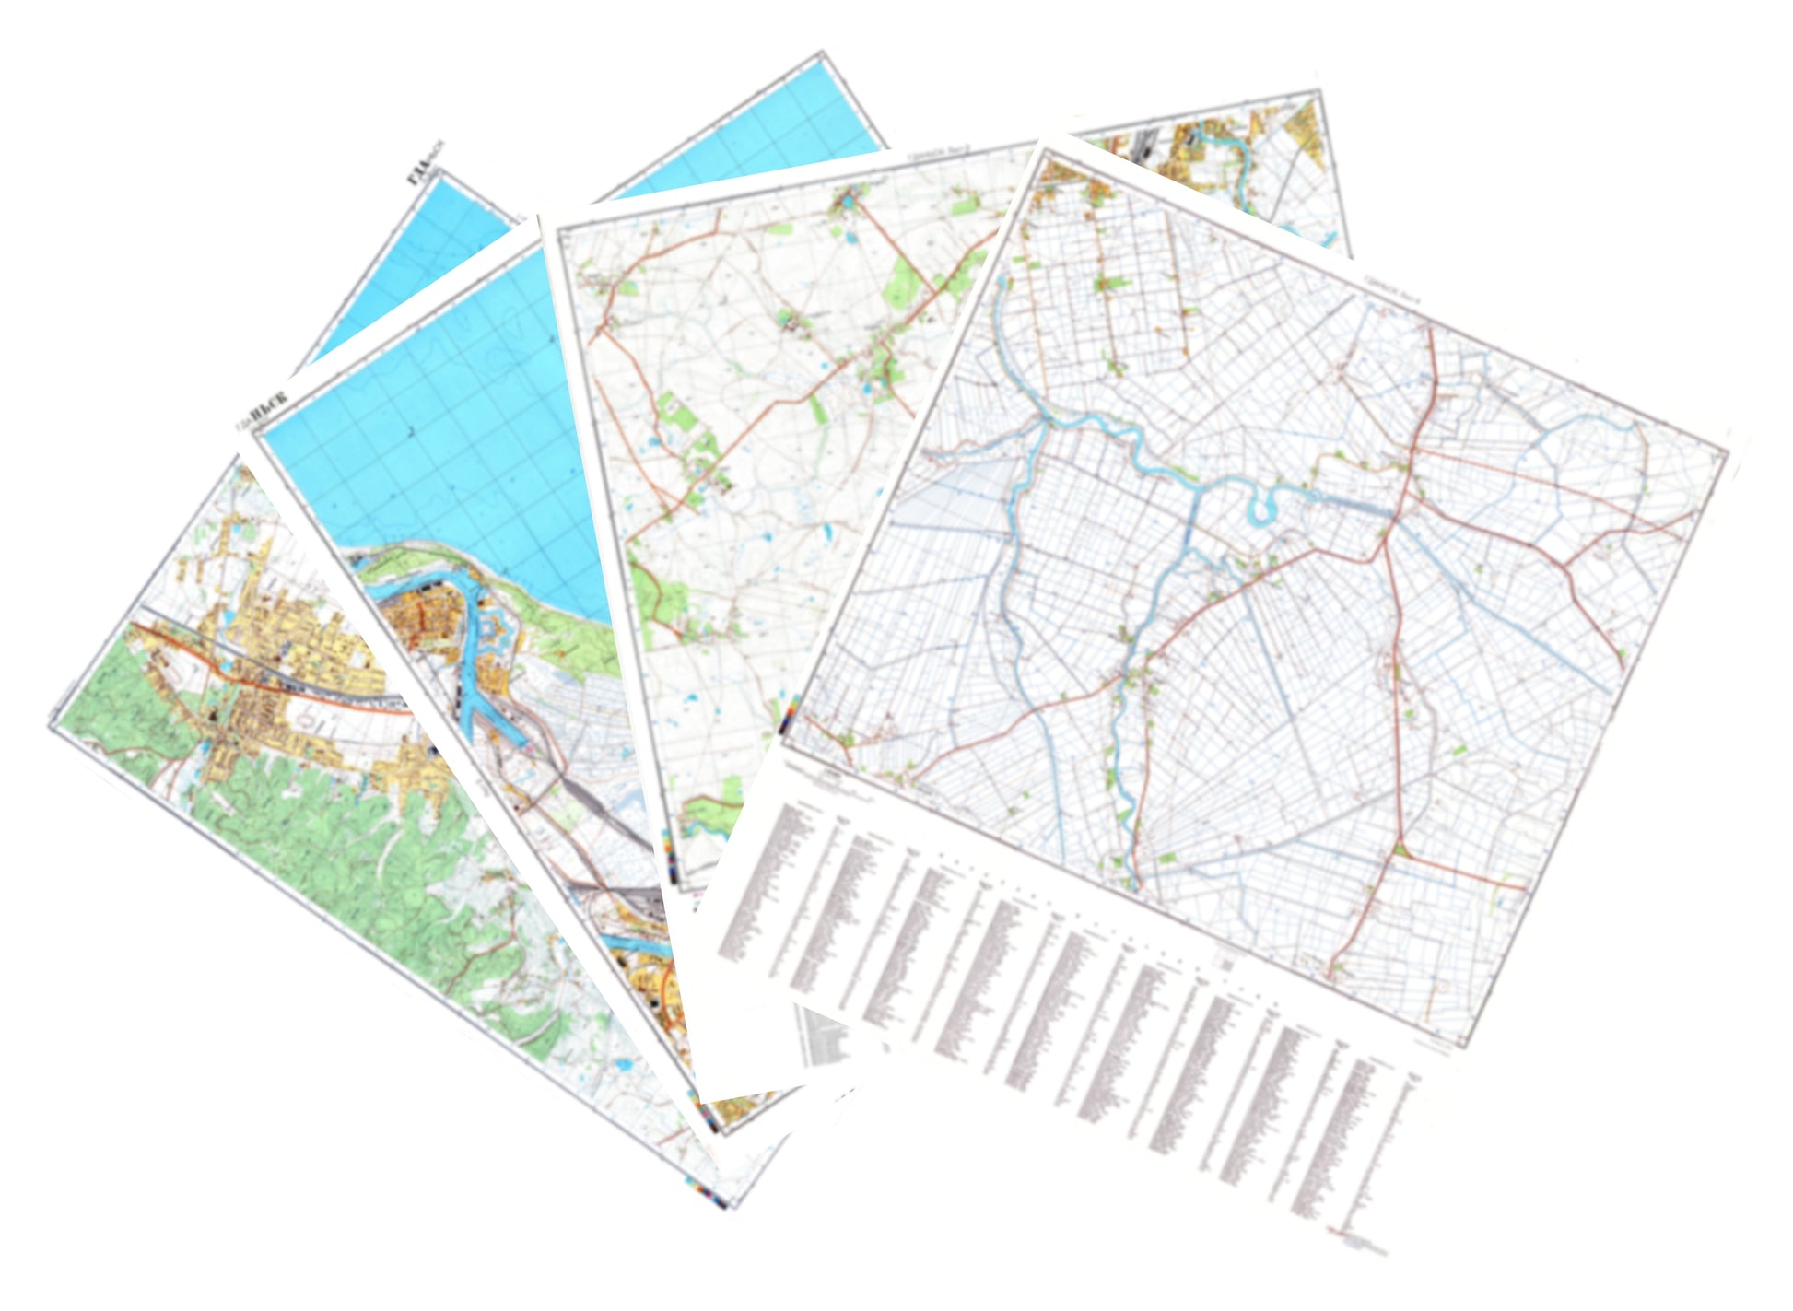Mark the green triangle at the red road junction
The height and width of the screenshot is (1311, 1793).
coord(1400,849)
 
